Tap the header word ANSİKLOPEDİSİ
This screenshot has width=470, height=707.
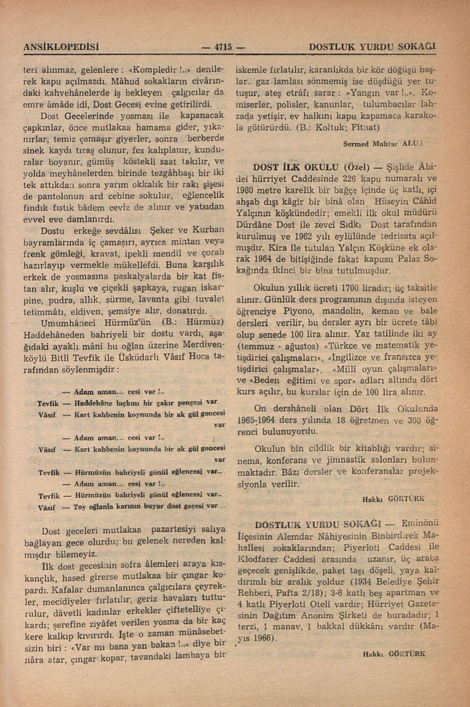[x=61, y=47]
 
